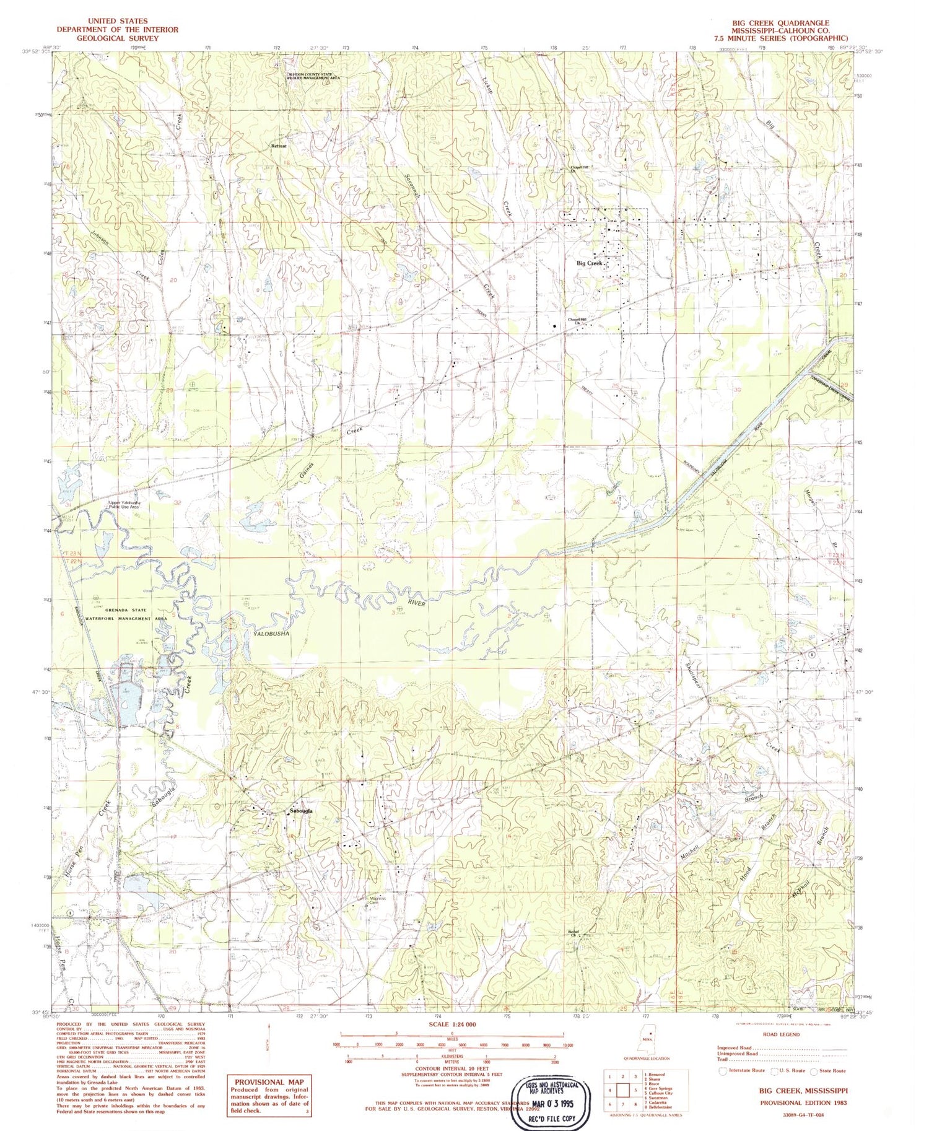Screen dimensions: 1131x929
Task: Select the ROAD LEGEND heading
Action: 782,1034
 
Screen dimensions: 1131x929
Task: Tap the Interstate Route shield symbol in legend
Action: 723,1071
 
